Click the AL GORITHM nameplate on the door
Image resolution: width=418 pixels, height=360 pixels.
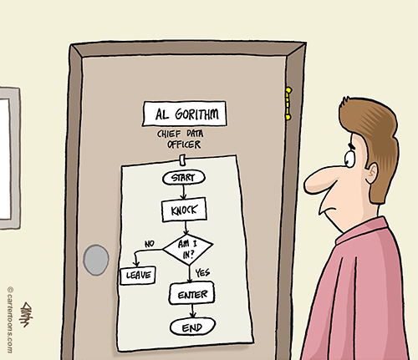click(x=184, y=114)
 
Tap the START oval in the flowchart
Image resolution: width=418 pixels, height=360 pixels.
click(x=184, y=178)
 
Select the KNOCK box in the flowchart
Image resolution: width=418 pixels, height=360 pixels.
click(x=184, y=210)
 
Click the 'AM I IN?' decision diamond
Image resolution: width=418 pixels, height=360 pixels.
click(x=188, y=250)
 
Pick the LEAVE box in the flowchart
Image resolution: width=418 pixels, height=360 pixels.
click(x=138, y=276)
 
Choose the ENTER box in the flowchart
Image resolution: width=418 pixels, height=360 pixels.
click(x=192, y=294)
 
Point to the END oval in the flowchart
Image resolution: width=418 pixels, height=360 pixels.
click(x=192, y=327)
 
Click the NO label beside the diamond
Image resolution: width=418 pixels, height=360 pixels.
click(x=150, y=244)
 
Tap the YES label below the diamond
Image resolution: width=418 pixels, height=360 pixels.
click(x=202, y=272)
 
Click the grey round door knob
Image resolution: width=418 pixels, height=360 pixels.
click(x=96, y=260)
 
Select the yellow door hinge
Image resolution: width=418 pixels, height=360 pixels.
click(x=288, y=104)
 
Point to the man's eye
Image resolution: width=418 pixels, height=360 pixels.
click(x=349, y=158)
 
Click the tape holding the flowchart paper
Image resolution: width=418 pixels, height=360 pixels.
click(x=182, y=160)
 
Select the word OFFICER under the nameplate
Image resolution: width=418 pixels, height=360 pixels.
click(x=184, y=145)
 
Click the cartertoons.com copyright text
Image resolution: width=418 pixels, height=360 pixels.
click(x=10, y=320)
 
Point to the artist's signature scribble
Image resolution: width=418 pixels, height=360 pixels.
click(x=26, y=314)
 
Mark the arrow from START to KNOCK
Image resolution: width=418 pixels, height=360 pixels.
click(x=183, y=191)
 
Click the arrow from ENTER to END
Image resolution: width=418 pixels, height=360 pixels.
click(x=192, y=311)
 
